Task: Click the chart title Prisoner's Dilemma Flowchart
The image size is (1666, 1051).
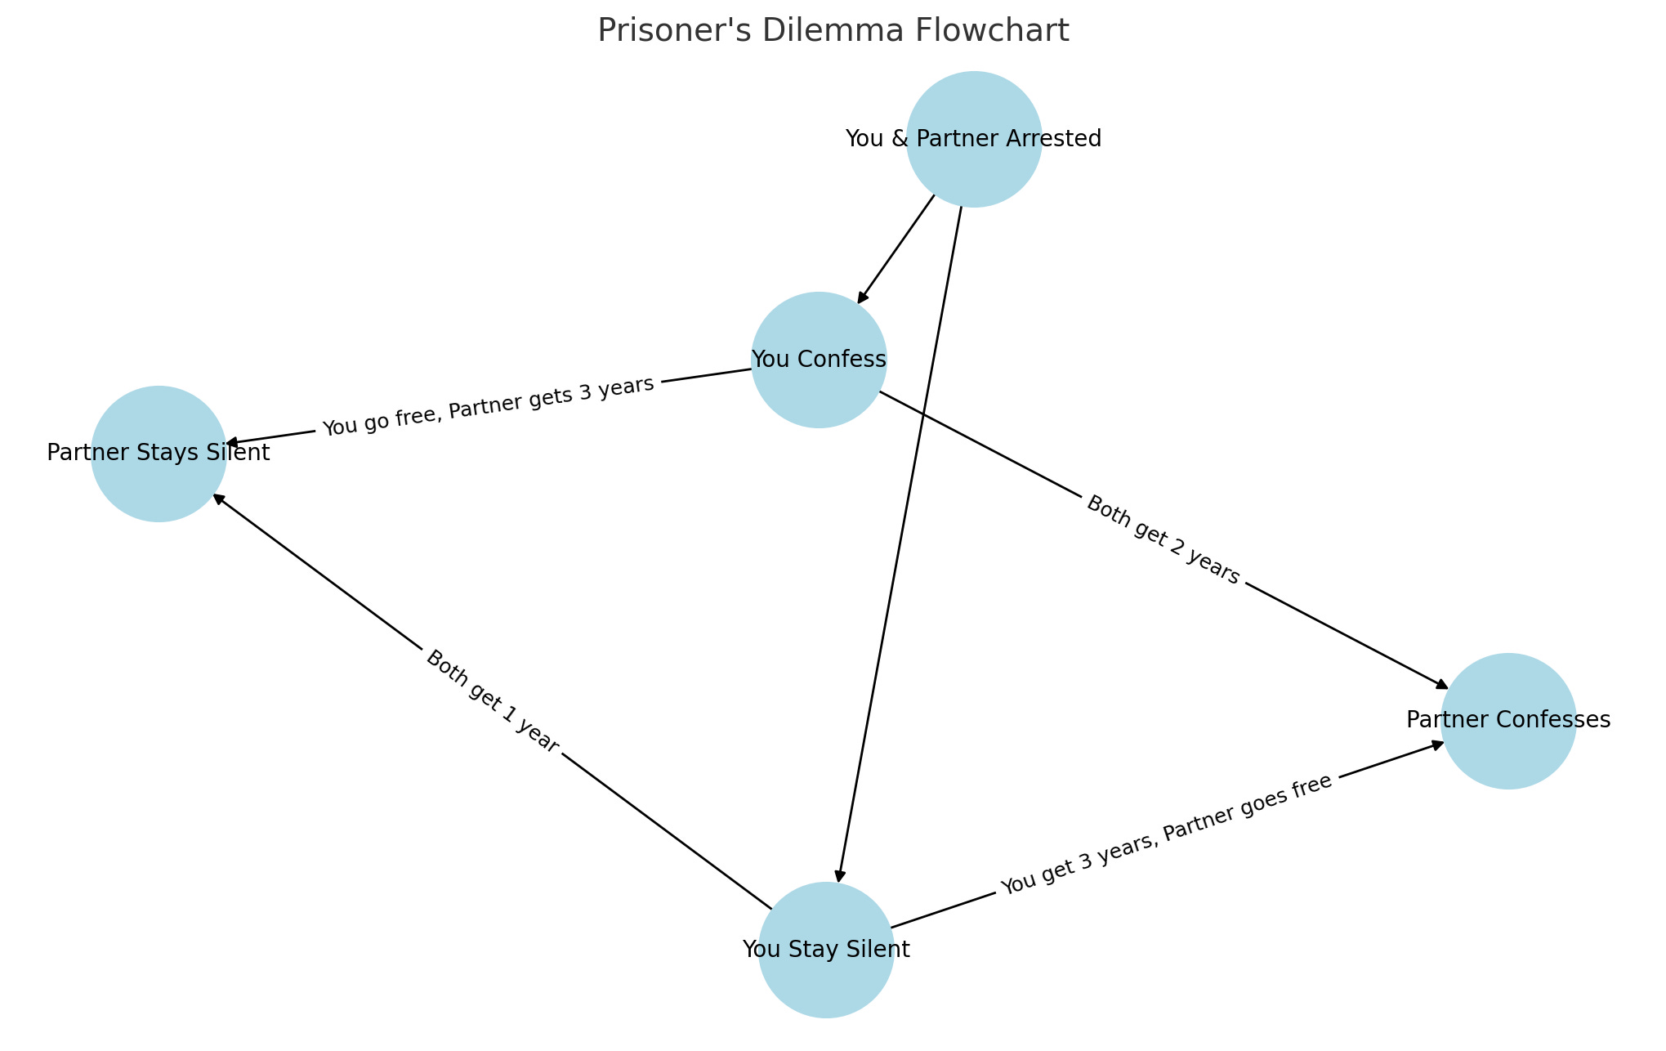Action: (833, 31)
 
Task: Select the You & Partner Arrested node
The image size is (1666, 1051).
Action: (973, 139)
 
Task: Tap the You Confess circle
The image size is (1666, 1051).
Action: (819, 360)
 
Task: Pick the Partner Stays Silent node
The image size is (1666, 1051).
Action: (159, 454)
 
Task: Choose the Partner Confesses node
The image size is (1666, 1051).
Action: (1508, 721)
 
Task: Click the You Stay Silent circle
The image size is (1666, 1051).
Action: (826, 950)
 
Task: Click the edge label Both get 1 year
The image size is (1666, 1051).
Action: (493, 701)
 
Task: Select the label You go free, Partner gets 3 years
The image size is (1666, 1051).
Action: (489, 406)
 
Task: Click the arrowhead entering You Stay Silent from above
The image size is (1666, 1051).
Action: (838, 876)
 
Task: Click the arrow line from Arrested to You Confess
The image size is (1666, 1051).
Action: (897, 248)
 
